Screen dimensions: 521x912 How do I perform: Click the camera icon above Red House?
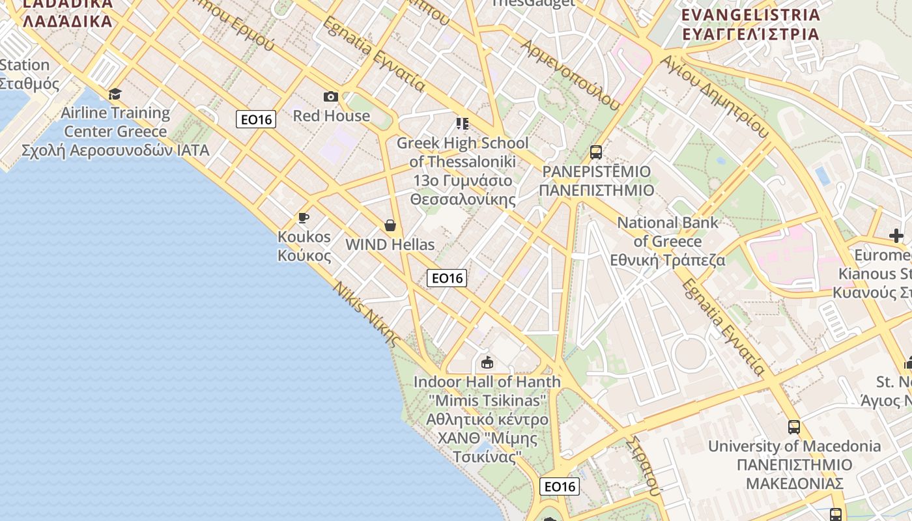[331, 97]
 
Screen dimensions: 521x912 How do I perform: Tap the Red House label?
[331, 116]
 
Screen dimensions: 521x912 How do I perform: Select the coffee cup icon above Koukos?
[303, 218]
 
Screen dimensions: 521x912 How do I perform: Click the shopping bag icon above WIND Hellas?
[390, 225]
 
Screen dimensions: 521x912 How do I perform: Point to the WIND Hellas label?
[390, 245]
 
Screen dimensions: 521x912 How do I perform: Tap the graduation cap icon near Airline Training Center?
[115, 94]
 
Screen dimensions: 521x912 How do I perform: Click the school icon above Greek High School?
[463, 123]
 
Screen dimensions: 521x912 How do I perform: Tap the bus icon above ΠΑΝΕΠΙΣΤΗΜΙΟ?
[596, 152]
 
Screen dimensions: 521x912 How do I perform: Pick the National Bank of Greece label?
[668, 241]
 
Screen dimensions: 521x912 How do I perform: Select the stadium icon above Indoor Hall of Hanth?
[487, 362]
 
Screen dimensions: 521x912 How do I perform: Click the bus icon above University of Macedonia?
[794, 427]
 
